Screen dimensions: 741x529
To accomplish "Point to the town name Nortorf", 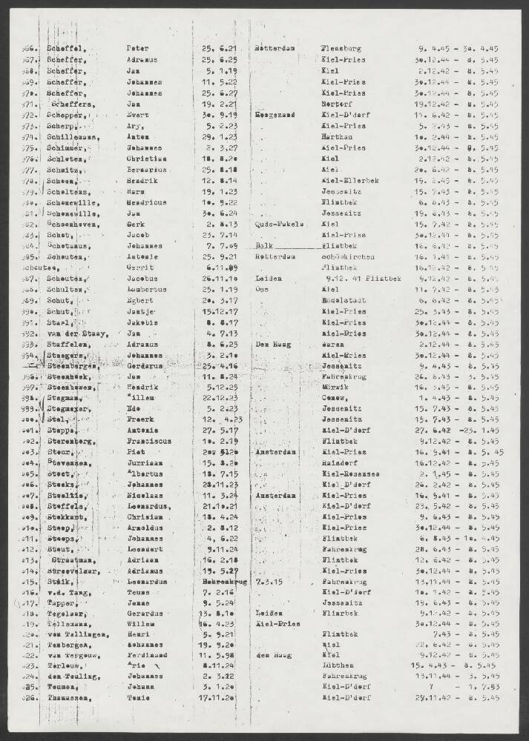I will (336, 105).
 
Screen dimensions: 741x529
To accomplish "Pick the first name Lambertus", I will (148, 290).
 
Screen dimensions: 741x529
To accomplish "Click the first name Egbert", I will (140, 301).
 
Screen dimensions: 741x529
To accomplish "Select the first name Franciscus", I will (151, 441).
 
